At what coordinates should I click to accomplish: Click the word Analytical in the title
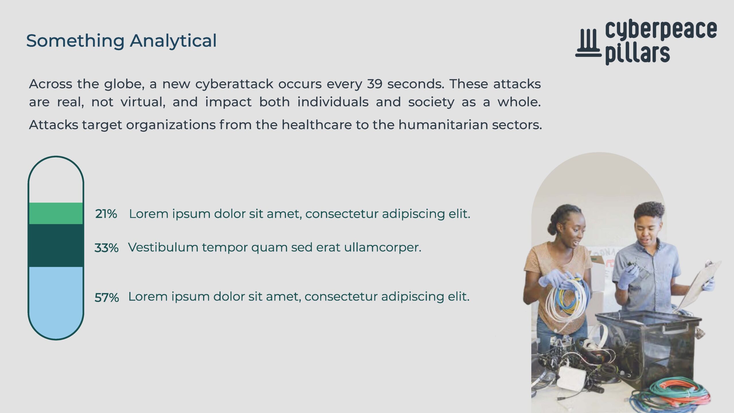pos(173,41)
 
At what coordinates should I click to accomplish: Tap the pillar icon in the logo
pos(588,43)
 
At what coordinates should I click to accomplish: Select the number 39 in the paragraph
pos(374,84)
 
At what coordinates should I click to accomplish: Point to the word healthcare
pos(317,125)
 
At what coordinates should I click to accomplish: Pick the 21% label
pos(106,214)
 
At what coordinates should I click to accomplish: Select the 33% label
pos(106,248)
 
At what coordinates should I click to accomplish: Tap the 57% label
pos(107,297)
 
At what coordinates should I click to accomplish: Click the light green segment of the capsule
pos(56,213)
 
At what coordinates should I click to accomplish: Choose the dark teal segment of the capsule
pos(56,246)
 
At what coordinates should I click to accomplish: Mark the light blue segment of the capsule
pos(56,301)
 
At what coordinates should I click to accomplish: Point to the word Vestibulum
pos(163,247)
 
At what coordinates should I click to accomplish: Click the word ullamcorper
pos(383,247)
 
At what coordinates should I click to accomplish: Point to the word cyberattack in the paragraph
pos(234,84)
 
